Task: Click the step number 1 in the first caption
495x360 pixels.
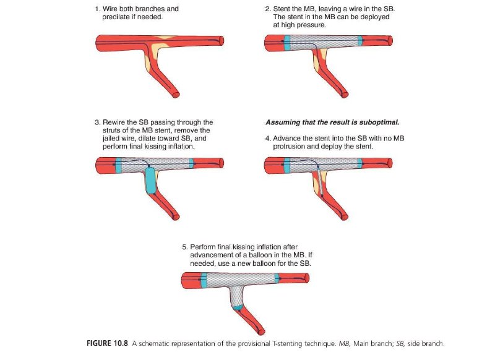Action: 98,10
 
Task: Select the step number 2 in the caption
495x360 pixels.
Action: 267,10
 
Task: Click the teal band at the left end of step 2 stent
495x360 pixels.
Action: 286,42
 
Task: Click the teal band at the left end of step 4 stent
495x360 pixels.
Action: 286,165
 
